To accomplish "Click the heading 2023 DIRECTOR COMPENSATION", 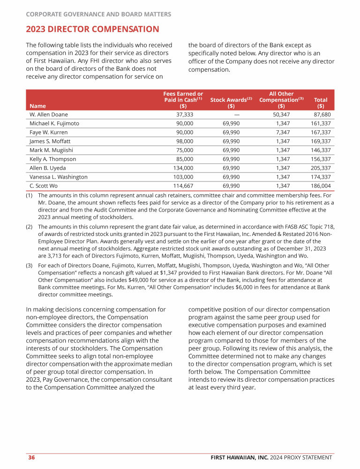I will [x=92, y=30].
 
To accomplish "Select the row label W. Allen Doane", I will [x=49, y=114].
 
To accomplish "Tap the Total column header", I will [x=321, y=103].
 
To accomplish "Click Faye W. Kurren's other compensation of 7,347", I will [x=281, y=132].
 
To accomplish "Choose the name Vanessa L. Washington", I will [x=59, y=177].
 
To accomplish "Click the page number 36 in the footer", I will [x=31, y=457].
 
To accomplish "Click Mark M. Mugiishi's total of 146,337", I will [x=321, y=150].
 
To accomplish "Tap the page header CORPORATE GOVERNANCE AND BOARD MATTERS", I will [x=98, y=14].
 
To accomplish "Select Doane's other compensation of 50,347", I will [x=281, y=114].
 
